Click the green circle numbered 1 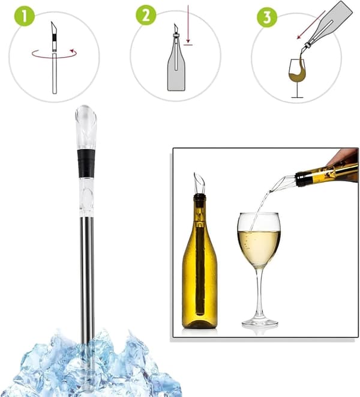(24, 16)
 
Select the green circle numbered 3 (267, 17)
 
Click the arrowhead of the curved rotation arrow (74, 52)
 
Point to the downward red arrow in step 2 (188, 24)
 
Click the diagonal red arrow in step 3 (311, 25)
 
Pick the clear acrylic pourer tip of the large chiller (86, 127)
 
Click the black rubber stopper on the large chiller (86, 163)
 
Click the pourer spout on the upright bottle (199, 183)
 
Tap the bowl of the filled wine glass (259, 240)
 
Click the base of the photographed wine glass (260, 323)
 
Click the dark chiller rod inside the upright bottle (200, 268)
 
